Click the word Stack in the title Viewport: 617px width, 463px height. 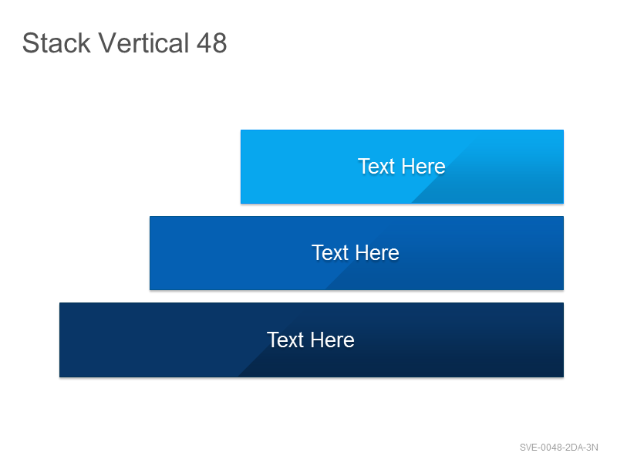tap(56, 43)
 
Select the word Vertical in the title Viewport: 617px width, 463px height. tap(143, 42)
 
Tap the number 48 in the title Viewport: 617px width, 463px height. tap(211, 43)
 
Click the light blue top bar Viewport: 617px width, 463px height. tap(402, 167)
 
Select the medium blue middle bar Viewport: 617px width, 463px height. tap(356, 253)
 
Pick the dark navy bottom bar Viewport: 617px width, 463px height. tap(312, 340)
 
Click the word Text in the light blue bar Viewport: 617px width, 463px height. tap(376, 166)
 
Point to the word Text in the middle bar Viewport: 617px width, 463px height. tap(330, 253)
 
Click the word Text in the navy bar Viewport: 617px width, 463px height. tap(285, 340)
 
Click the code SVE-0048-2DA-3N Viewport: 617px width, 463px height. tap(558, 448)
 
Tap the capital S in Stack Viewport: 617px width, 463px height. tap(30, 43)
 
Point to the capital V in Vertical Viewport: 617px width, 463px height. tap(107, 43)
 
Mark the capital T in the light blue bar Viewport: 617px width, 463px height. tap(364, 166)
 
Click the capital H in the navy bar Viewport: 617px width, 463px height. tap(317, 340)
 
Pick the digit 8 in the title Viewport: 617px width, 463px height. tap(220, 43)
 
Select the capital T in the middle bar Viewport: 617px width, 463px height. tap(318, 253)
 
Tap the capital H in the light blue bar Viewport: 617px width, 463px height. tap(408, 166)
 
